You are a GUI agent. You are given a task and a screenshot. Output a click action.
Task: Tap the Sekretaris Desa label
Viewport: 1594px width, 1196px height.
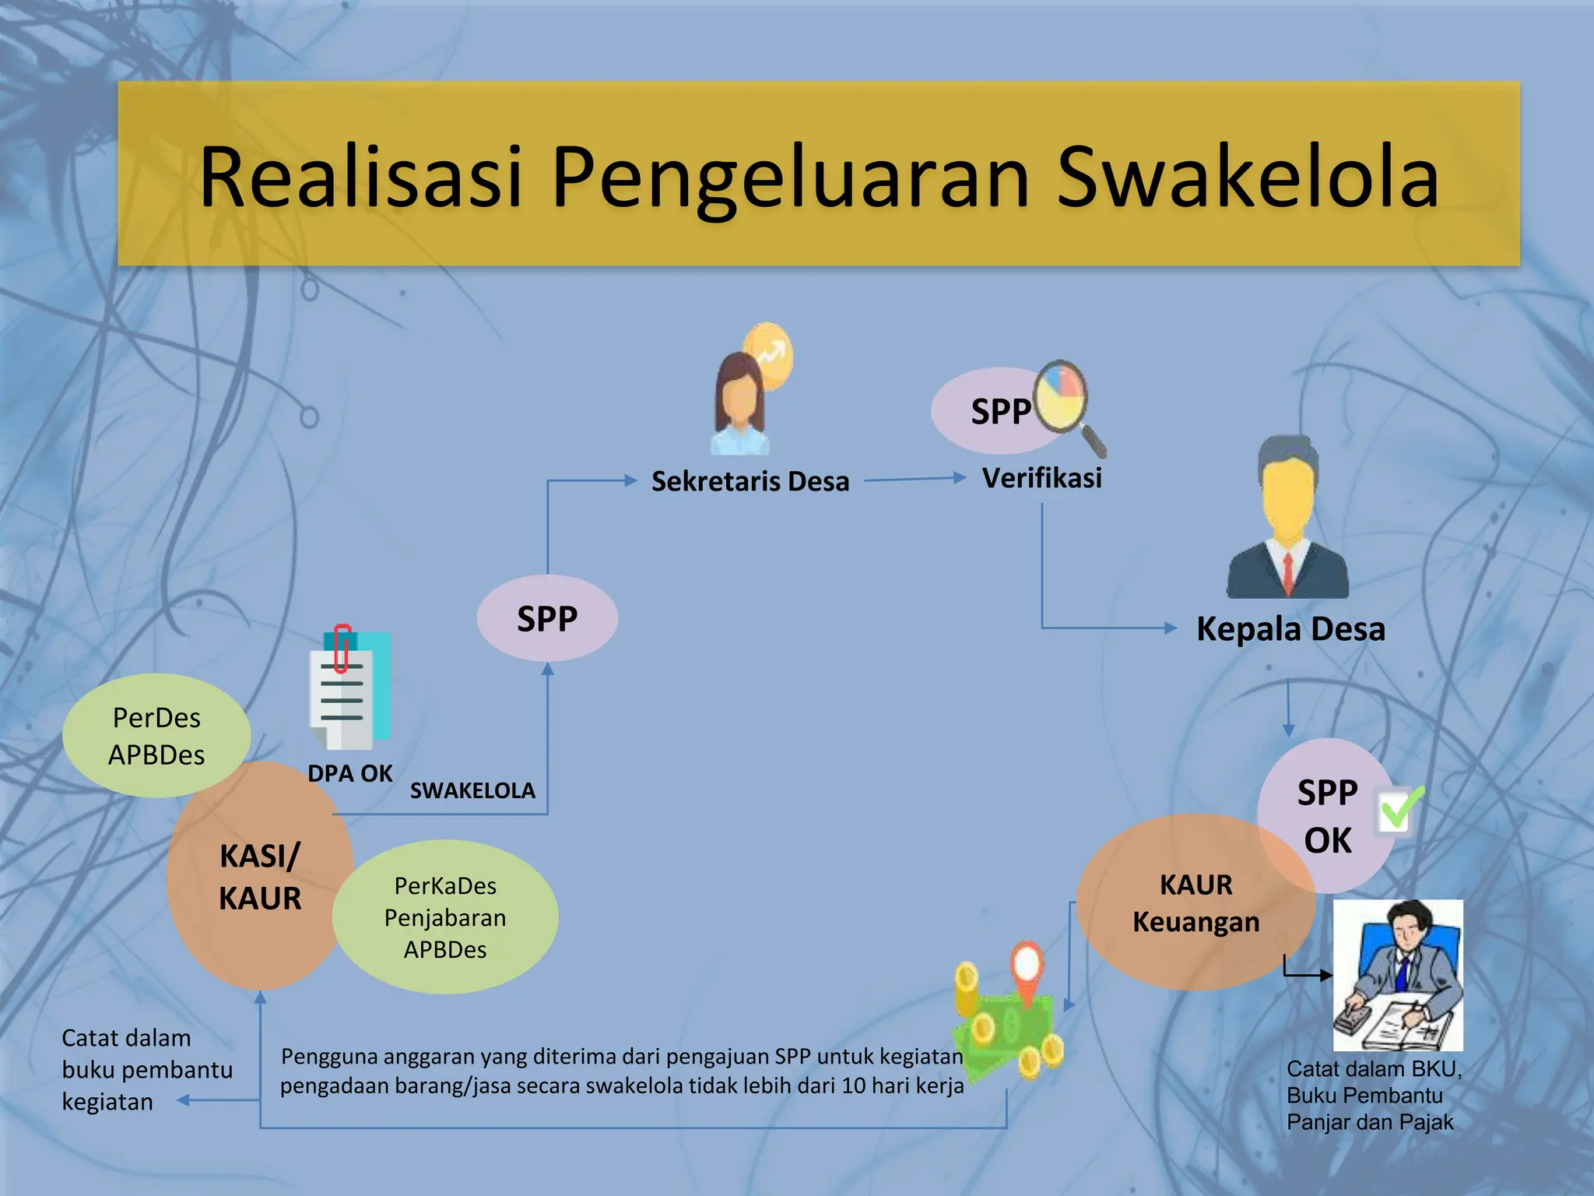(x=750, y=481)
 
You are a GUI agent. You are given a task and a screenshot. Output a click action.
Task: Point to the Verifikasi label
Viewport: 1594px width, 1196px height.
(x=1041, y=478)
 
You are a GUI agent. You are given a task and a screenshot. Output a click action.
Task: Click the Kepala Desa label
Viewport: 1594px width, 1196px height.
(x=1290, y=629)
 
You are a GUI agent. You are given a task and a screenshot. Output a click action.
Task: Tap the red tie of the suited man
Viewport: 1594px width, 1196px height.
(x=1288, y=572)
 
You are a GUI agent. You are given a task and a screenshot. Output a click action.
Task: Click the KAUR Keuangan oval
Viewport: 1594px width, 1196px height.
(x=1195, y=903)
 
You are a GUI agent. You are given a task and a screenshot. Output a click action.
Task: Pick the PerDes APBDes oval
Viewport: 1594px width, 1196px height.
(x=156, y=736)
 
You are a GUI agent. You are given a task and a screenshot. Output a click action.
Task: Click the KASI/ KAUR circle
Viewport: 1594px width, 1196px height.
(x=259, y=877)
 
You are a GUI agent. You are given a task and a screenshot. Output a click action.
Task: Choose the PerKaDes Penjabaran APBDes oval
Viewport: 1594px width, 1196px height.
(x=445, y=917)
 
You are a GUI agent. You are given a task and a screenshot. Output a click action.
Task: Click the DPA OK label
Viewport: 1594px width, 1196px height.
(x=349, y=773)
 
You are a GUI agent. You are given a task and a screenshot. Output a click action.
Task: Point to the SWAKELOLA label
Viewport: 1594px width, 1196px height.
(x=472, y=791)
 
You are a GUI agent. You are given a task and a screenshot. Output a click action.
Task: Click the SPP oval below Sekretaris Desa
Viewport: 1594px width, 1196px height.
(x=547, y=619)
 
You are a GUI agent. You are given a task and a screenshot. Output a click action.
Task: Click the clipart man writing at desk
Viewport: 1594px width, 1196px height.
(x=1398, y=976)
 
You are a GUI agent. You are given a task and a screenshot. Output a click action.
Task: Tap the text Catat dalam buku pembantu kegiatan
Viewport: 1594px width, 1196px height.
(x=146, y=1070)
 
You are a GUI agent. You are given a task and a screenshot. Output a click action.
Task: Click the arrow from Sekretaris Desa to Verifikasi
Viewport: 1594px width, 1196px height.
(x=915, y=479)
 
